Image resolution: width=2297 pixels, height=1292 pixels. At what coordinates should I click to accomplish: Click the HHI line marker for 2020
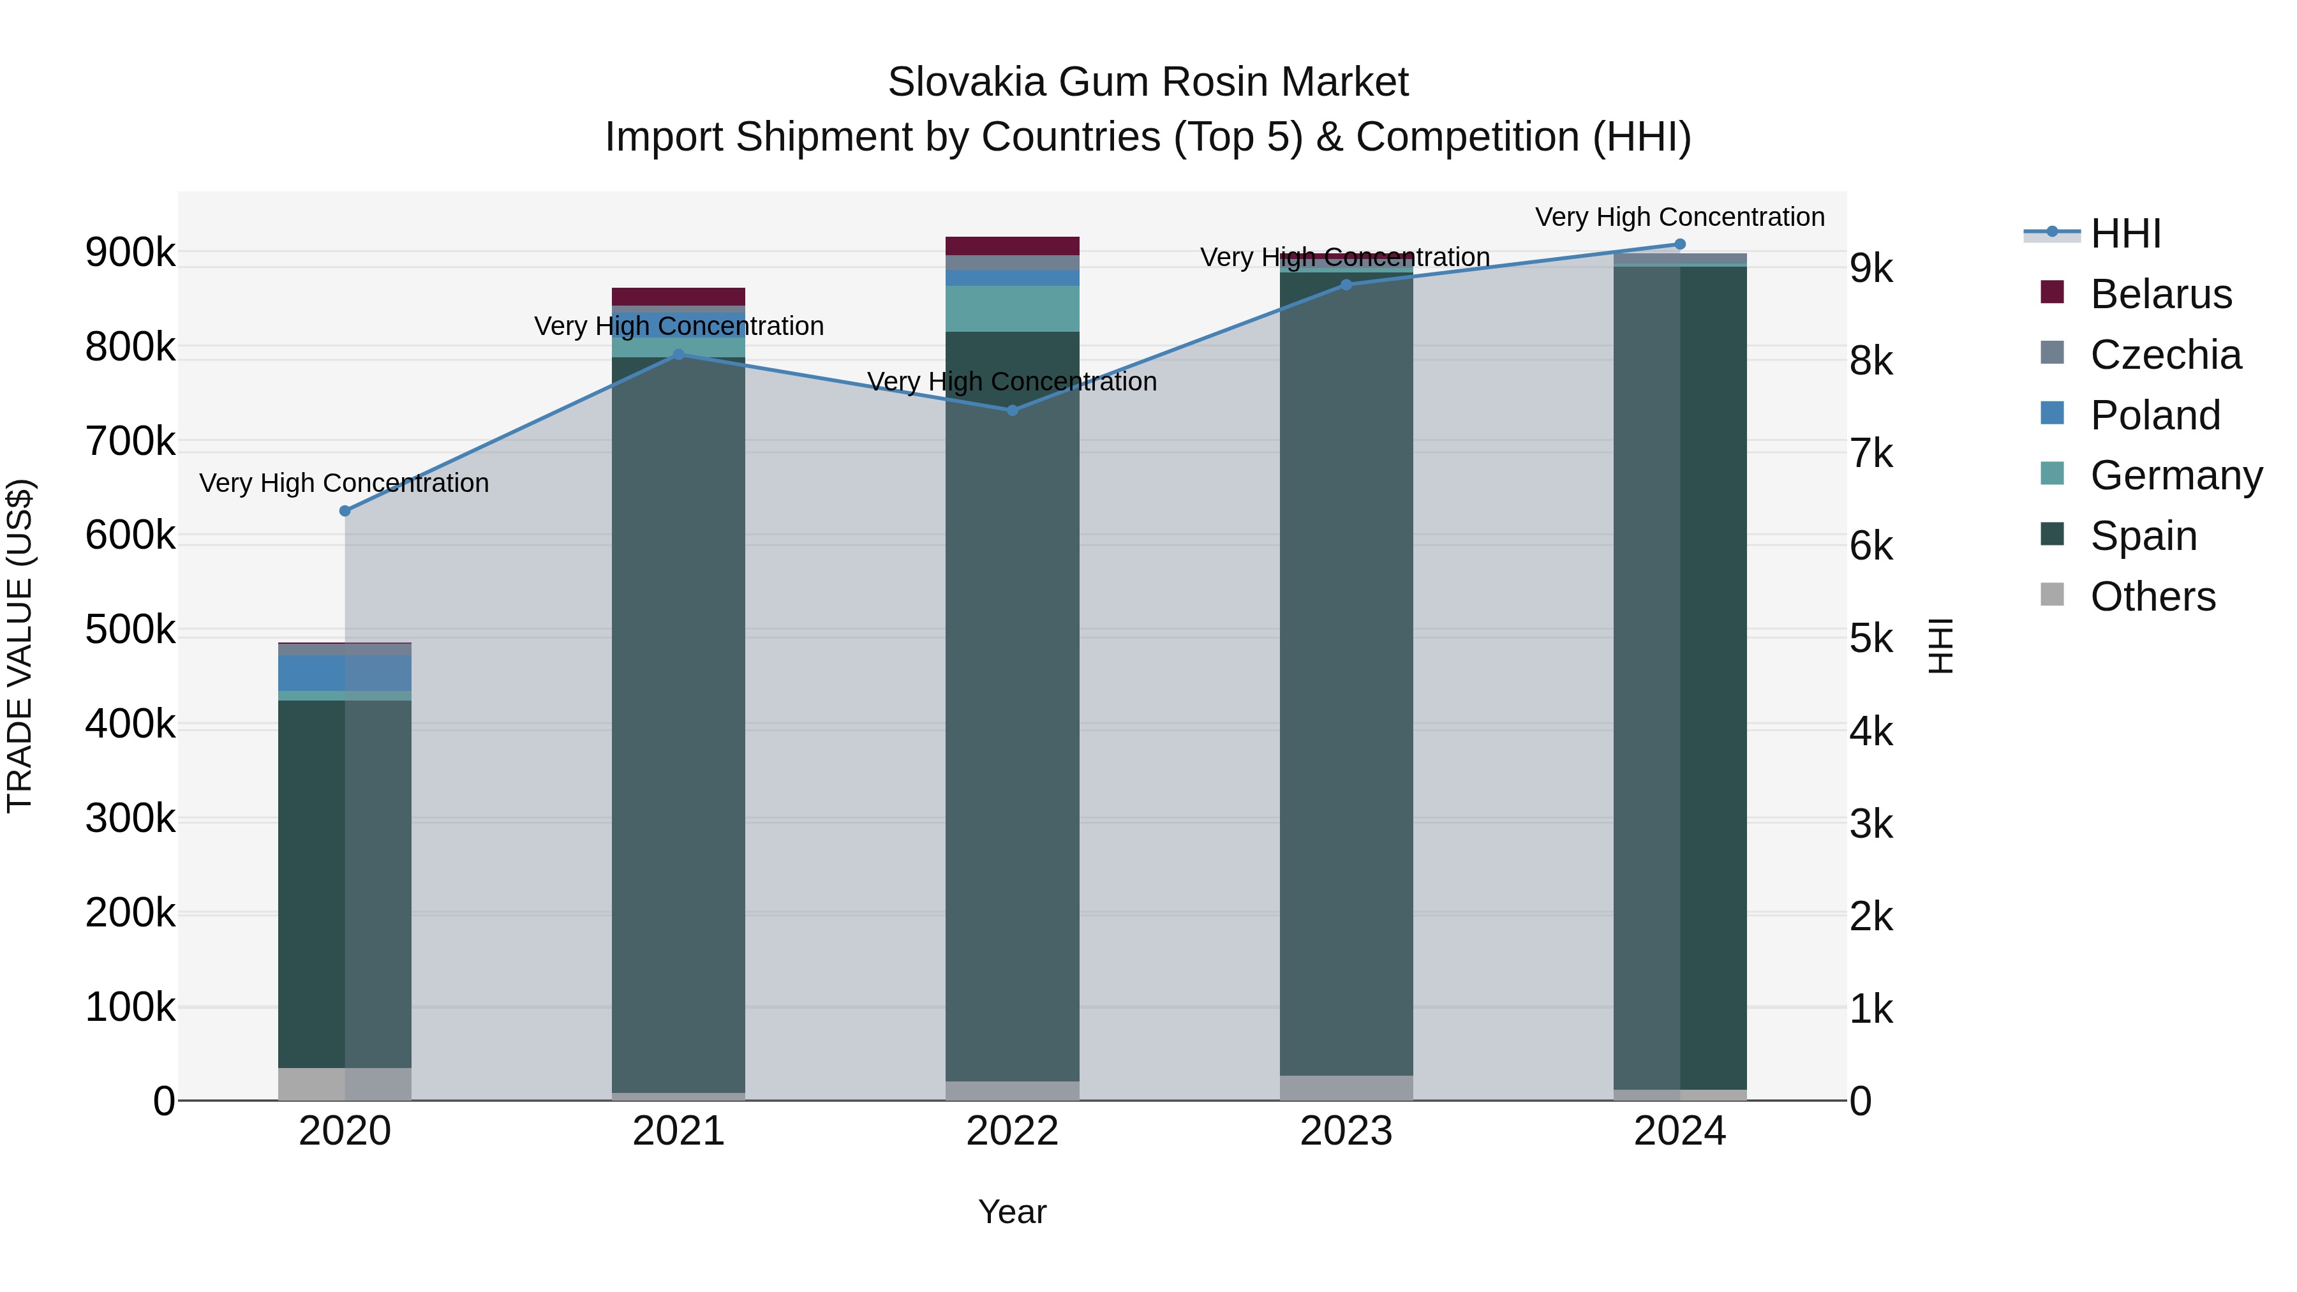pyautogui.click(x=345, y=511)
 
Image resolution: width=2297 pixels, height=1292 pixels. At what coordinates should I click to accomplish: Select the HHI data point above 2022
pyautogui.click(x=1012, y=410)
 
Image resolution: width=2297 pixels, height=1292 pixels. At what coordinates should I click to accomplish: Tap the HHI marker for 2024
pyautogui.click(x=1680, y=244)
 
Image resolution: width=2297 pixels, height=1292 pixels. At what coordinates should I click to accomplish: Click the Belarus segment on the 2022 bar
pyautogui.click(x=1012, y=246)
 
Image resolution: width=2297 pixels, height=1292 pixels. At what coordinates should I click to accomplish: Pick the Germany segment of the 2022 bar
pyautogui.click(x=1012, y=309)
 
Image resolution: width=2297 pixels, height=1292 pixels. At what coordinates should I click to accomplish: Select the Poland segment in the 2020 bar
pyautogui.click(x=345, y=672)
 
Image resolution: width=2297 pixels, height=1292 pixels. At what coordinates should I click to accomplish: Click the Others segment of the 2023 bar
pyautogui.click(x=1346, y=1088)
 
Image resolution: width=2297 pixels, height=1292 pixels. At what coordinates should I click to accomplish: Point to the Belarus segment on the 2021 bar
pyautogui.click(x=679, y=297)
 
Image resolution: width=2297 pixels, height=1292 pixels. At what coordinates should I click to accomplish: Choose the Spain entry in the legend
pyautogui.click(x=2143, y=536)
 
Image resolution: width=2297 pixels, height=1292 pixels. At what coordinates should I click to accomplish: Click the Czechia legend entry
pyautogui.click(x=2165, y=355)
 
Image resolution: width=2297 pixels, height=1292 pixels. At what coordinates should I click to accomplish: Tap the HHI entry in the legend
pyautogui.click(x=2125, y=234)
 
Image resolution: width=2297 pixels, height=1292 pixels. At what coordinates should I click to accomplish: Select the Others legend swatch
pyautogui.click(x=2052, y=595)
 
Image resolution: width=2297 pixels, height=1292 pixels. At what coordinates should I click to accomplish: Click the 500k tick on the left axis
pyautogui.click(x=130, y=630)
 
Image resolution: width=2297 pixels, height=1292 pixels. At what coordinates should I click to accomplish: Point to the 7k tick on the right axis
pyautogui.click(x=1871, y=454)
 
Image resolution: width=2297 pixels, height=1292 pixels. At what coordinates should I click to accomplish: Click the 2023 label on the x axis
pyautogui.click(x=1346, y=1131)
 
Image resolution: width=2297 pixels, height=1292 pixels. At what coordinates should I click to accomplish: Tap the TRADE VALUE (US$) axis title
pyautogui.click(x=20, y=646)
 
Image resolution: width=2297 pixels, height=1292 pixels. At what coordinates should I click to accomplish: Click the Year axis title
pyautogui.click(x=1012, y=1212)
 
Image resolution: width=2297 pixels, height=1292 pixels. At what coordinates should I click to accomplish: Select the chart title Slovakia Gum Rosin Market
pyautogui.click(x=1148, y=82)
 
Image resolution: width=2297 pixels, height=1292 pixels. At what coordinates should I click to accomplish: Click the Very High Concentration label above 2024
pyautogui.click(x=1680, y=217)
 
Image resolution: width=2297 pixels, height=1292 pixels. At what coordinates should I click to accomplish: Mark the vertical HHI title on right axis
pyautogui.click(x=1940, y=646)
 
